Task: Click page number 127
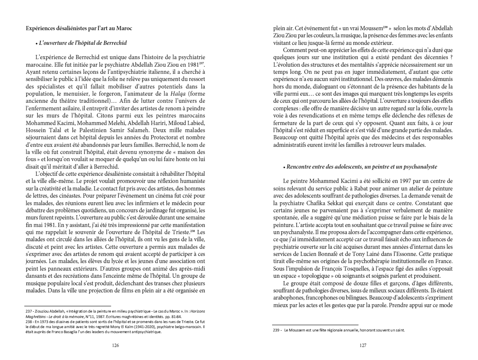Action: pos(363,345)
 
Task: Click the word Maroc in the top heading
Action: pos(125,28)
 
